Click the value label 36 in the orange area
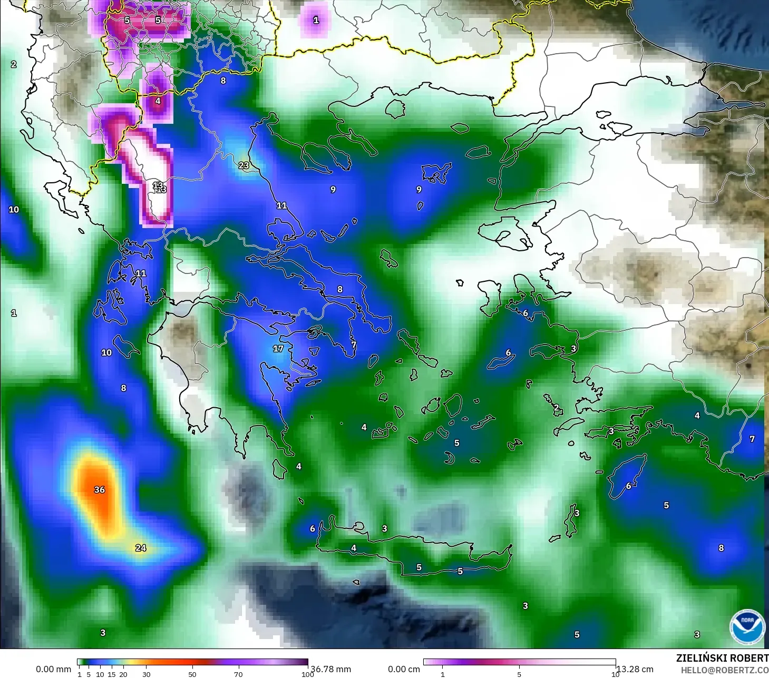pos(100,490)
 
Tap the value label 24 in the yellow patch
pos(141,548)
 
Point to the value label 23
pos(244,165)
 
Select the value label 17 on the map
pos(278,349)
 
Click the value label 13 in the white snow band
pos(159,187)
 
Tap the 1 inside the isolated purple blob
pos(316,20)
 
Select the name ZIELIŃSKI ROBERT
pos(722,658)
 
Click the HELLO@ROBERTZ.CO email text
pos(724,670)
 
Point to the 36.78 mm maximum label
pos(330,669)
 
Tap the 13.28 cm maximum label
pos(635,669)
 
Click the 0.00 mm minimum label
pos(53,669)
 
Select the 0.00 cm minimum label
pos(404,669)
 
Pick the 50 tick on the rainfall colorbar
pos(192,674)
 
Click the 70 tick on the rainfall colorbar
pos(238,674)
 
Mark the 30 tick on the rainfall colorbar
pos(147,674)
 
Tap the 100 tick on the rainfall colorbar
pos(307,674)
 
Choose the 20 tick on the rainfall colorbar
pos(123,674)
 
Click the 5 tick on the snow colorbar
pos(519,674)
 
